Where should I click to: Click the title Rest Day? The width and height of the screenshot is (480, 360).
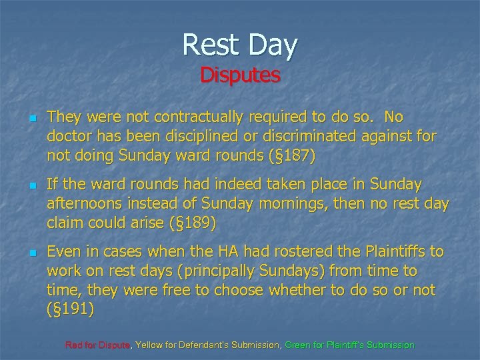pyautogui.click(x=240, y=45)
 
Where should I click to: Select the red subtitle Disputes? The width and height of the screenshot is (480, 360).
pyautogui.click(x=240, y=75)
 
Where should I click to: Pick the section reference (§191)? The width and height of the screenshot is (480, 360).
pyautogui.click(x=71, y=310)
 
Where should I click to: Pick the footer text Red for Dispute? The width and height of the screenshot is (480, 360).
pyautogui.click(x=99, y=345)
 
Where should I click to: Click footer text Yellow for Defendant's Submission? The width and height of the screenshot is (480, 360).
pyautogui.click(x=209, y=345)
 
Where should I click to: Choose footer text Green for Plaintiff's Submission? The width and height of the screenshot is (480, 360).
pyautogui.click(x=349, y=345)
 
